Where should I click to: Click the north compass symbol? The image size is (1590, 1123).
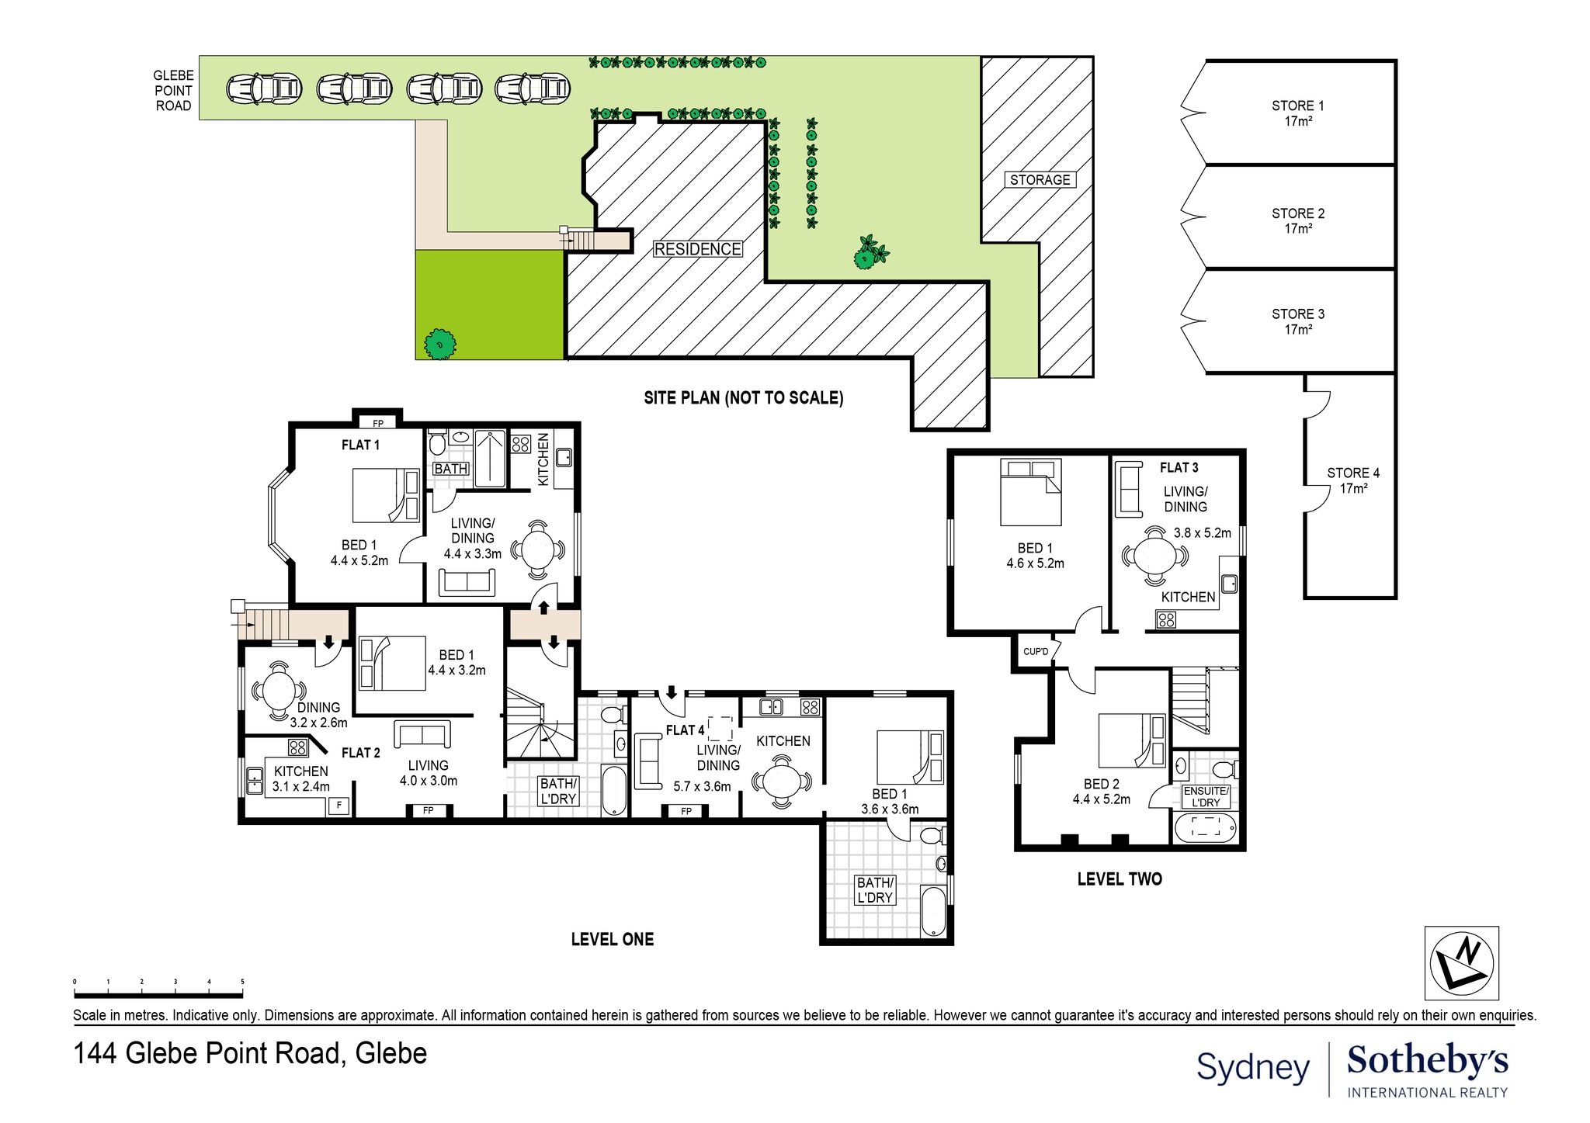coord(1461,962)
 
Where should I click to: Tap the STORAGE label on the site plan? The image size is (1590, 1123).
coord(1040,180)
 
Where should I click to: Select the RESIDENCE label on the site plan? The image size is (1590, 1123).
coord(697,249)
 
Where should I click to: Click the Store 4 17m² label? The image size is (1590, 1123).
coord(1353,480)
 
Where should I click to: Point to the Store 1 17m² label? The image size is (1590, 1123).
coord(1298,113)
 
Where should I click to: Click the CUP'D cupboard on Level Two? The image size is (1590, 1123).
coord(1035,651)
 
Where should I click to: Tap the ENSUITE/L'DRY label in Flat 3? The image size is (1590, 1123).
coord(1205,796)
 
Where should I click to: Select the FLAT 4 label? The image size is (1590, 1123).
coord(685,730)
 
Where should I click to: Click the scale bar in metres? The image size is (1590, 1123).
coord(158,994)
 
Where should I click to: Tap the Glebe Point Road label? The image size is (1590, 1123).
coord(172,91)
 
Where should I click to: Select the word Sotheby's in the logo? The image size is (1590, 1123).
coord(1427,1060)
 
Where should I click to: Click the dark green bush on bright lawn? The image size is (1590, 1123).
coord(440,344)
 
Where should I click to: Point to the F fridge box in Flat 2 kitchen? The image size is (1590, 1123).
coord(338,806)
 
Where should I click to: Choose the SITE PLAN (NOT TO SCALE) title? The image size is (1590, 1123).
coord(743,398)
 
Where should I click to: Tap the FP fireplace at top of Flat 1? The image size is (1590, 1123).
coord(378,423)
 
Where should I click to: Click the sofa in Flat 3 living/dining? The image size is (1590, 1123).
coord(1128,489)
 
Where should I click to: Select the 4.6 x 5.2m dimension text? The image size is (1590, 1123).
coord(1035,563)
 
